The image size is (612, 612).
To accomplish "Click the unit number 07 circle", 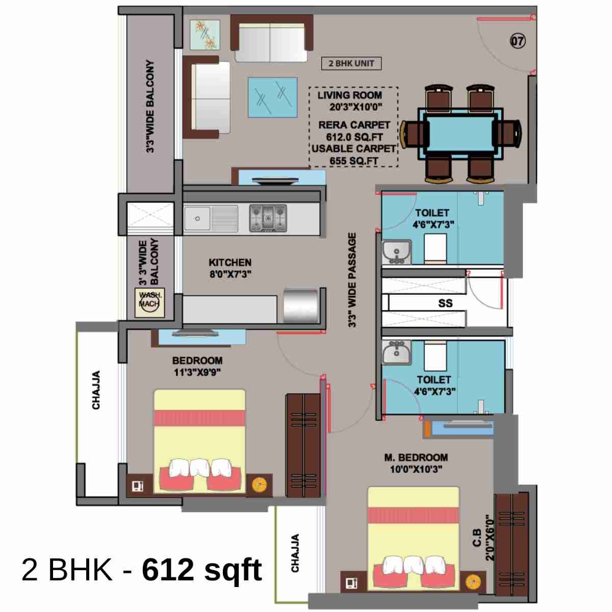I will pyautogui.click(x=518, y=41).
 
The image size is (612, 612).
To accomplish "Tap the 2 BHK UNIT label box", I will pyautogui.click(x=351, y=63).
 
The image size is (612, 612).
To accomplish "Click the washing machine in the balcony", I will pyautogui.click(x=149, y=303).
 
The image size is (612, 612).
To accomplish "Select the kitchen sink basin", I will pyautogui.click(x=197, y=218).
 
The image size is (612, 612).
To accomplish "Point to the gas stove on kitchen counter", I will pyautogui.click(x=268, y=218).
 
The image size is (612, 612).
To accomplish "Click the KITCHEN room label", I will pyautogui.click(x=230, y=263).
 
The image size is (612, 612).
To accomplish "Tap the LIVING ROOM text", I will pyautogui.click(x=350, y=95).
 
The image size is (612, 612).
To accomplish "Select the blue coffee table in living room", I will pyautogui.click(x=272, y=97).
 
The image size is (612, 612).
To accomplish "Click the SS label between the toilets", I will pyautogui.click(x=445, y=303).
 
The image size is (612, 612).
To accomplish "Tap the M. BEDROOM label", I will pyautogui.click(x=416, y=457).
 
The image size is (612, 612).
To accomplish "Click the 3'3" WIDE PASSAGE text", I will pyautogui.click(x=352, y=280).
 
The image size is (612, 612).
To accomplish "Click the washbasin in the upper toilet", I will pyautogui.click(x=396, y=251).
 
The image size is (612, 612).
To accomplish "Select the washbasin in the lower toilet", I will pyautogui.click(x=396, y=352).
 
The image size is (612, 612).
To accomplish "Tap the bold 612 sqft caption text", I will pyautogui.click(x=202, y=569).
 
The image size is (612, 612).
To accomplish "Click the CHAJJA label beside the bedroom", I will pyautogui.click(x=96, y=390).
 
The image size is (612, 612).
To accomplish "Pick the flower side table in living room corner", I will pyautogui.click(x=205, y=34).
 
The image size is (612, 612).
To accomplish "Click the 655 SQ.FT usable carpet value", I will pyautogui.click(x=353, y=161).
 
